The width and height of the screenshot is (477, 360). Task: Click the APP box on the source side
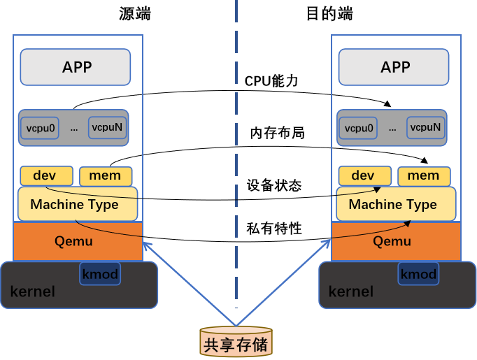pos(76,67)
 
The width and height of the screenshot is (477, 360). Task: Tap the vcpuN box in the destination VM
pos(425,127)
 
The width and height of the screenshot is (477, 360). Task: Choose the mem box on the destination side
pos(424,175)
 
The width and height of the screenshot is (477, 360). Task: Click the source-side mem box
pos(105,175)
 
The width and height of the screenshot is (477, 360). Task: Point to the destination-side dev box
pos(364,175)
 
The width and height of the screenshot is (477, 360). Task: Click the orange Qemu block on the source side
pos(77,241)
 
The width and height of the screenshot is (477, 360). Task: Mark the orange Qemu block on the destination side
pos(395,241)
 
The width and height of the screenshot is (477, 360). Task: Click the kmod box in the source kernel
pos(100,273)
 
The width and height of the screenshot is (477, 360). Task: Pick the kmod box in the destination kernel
pos(418,273)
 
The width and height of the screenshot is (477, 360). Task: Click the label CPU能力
pos(271,81)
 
